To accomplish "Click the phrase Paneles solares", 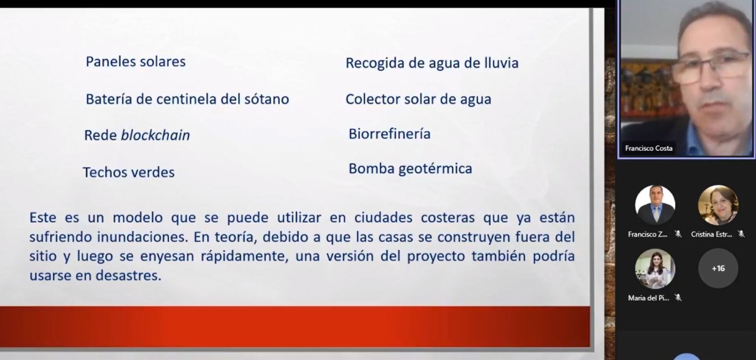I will [135, 61].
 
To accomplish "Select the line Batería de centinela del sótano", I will [187, 99].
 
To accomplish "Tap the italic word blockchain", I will [155, 135].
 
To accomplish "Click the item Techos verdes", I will [128, 173].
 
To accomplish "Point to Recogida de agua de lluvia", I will [432, 63].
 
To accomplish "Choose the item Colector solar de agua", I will [418, 99].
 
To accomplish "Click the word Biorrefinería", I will [389, 134].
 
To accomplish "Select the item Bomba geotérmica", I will [410, 169].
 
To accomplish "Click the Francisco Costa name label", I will [649, 148].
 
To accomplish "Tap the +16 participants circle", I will [718, 268].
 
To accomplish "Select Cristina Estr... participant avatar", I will [718, 205].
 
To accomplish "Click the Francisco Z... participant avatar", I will [655, 205].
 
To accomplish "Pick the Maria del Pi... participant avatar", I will [655, 268].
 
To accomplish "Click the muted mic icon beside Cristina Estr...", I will [741, 234].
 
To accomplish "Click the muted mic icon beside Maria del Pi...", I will [678, 298].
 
